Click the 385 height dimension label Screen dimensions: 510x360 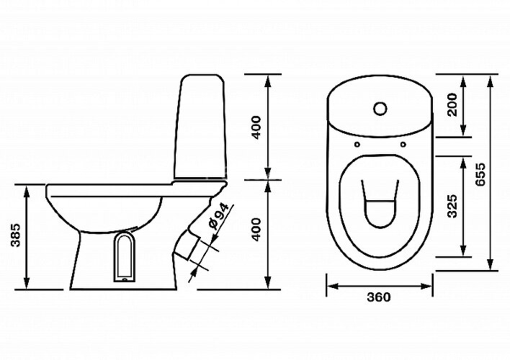pos(16,235)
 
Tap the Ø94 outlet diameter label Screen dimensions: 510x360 pos(220,216)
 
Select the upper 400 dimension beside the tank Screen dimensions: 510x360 pos(256,127)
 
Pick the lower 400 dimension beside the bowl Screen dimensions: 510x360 pos(256,229)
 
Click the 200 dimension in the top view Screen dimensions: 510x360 pos(452,104)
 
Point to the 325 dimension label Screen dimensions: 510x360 pos(452,206)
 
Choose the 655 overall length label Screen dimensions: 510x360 pos(480,174)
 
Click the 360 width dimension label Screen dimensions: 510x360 pos(379,297)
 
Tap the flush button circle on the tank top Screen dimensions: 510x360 pos(380,109)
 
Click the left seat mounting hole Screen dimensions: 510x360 pos(357,144)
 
